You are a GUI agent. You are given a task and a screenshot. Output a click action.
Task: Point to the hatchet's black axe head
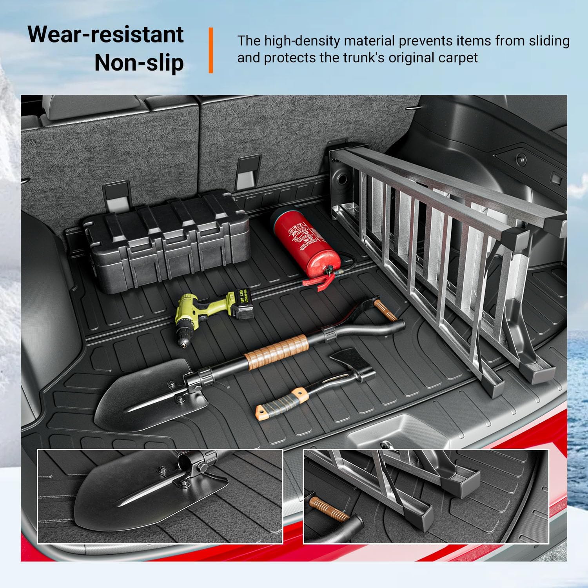coord(353,367)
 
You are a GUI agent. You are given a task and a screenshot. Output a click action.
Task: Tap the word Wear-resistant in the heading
coord(106,34)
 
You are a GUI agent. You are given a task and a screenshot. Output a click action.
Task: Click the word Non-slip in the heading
coord(139,63)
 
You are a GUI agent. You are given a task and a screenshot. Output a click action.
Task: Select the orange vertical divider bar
coord(211,50)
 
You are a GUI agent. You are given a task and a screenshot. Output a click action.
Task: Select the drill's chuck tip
coord(183,343)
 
